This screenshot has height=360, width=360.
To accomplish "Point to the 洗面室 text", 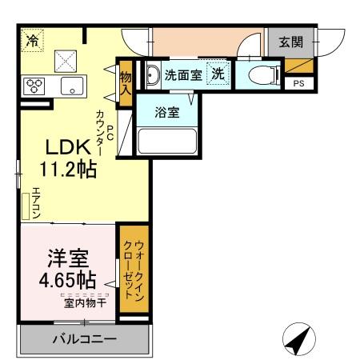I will click(x=183, y=75).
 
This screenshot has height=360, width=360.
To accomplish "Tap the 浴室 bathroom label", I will click(x=166, y=113).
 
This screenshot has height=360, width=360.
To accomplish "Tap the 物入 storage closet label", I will click(x=126, y=82).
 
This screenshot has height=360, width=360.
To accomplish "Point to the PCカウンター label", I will click(x=105, y=132).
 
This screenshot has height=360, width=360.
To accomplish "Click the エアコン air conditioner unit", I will click(x=26, y=204).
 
